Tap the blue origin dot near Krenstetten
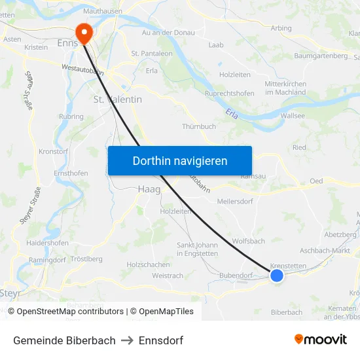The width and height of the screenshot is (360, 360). click(277, 276)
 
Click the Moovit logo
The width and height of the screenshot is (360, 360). click(320, 339)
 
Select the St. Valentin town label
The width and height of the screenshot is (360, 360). click(118, 99)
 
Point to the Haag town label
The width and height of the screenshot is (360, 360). click(149, 189)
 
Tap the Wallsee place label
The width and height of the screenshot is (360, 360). click(292, 115)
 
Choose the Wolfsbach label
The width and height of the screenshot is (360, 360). click(249, 241)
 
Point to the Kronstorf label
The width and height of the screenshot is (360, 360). click(54, 151)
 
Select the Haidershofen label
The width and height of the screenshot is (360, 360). click(47, 243)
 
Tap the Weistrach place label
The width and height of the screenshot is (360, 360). click(168, 276)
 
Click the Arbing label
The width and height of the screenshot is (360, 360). click(281, 28)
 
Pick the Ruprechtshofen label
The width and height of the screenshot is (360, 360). click(229, 93)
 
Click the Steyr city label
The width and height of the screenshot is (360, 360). click(10, 293)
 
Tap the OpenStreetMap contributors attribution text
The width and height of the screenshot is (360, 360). click(70, 312)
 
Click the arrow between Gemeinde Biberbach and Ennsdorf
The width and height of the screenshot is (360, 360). click(127, 340)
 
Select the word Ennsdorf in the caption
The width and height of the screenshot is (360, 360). click(161, 340)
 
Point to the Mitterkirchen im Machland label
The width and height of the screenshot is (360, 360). click(285, 88)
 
